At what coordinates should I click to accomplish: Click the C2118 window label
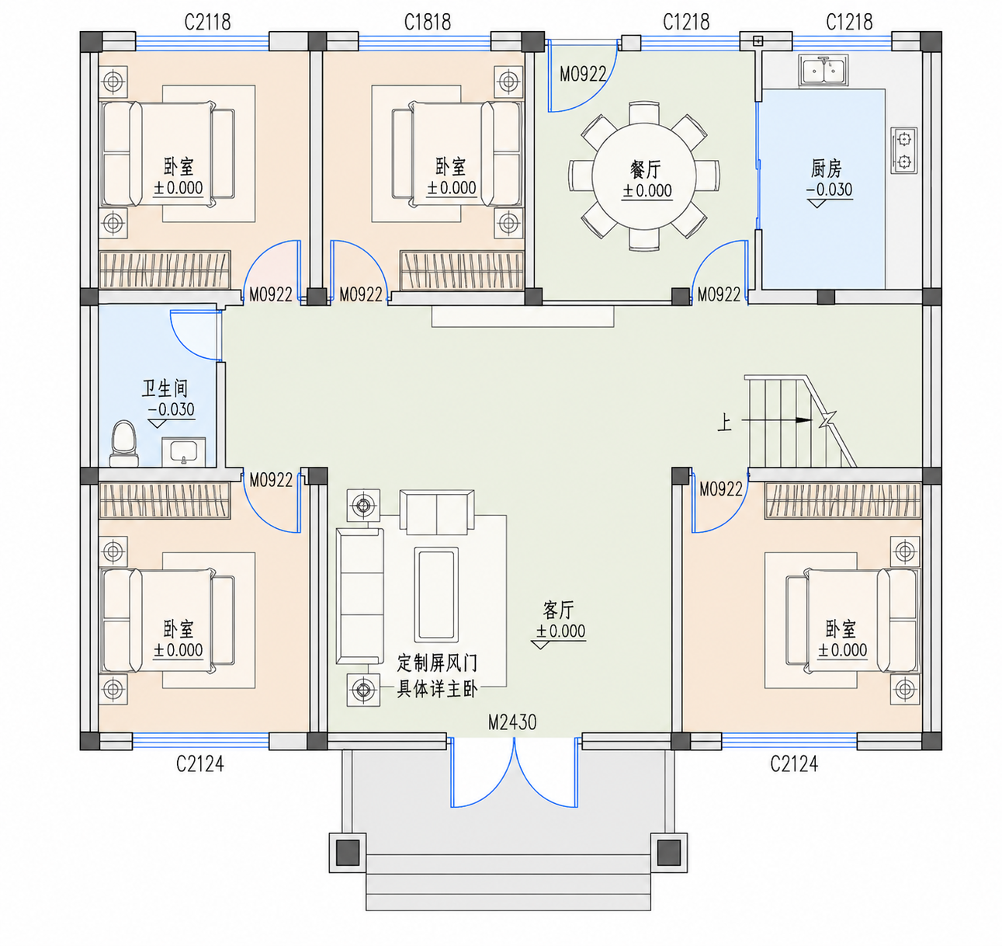pos(207,23)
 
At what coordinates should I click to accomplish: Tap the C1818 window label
pos(428,23)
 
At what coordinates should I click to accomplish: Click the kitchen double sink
pos(823,70)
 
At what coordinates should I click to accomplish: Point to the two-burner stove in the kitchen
pos(904,151)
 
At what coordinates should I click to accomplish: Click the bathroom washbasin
pos(184,452)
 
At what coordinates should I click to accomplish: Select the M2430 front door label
pos(512,723)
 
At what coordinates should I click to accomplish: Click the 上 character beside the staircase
pos(724,423)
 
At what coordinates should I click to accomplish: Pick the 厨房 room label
pos(827,169)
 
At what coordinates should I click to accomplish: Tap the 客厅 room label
pos(559,610)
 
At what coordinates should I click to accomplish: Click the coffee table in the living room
pos(436,594)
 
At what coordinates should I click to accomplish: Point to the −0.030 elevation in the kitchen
pos(830,190)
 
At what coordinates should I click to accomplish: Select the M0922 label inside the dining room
pos(583,75)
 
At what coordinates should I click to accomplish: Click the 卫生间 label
pos(165,388)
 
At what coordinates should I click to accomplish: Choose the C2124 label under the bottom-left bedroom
pos(199,763)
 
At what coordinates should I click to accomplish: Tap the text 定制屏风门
pos(437,663)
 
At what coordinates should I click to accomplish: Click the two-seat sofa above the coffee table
pos(437,512)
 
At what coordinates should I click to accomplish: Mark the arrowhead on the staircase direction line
pos(804,420)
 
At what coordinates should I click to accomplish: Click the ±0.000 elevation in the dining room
pos(647,191)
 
